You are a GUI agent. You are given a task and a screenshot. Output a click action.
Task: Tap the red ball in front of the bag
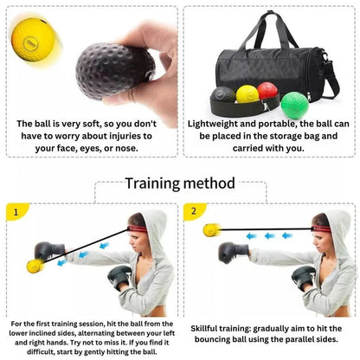point(267,90)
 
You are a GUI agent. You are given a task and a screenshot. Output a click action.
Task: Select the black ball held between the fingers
point(115,71)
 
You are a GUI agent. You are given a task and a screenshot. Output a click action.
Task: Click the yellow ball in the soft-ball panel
point(33,40)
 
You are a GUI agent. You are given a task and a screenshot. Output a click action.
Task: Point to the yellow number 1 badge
point(16,212)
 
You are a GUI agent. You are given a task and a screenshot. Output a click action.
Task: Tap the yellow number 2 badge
point(194,211)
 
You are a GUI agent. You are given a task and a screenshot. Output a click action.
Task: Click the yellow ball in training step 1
point(35,266)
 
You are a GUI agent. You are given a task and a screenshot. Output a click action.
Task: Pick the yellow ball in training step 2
point(211,230)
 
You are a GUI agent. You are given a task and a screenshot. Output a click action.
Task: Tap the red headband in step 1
point(138,229)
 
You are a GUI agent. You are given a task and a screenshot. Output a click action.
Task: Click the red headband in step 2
point(321,229)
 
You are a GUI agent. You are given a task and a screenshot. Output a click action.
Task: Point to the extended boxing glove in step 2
point(233,253)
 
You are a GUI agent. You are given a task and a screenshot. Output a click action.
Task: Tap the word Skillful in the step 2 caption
point(204,329)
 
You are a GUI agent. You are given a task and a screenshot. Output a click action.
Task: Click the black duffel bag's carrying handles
point(270,30)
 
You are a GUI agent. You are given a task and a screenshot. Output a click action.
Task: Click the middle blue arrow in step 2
point(270,236)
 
